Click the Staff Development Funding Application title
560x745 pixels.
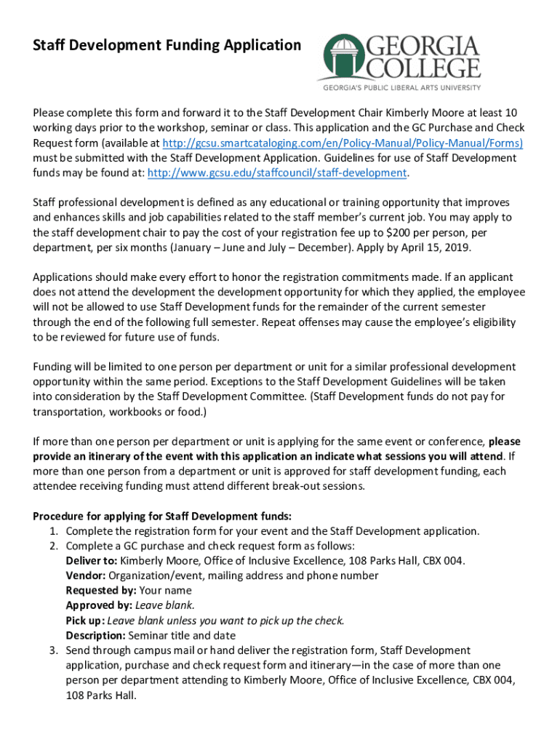tap(167, 46)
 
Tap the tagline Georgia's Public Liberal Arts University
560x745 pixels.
tap(401, 87)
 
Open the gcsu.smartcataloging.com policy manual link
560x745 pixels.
tap(343, 143)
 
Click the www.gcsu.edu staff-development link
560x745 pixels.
tap(278, 172)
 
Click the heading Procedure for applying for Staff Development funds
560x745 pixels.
tap(162, 517)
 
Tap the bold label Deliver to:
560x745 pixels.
tap(92, 561)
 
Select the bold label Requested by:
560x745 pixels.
tap(101, 591)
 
